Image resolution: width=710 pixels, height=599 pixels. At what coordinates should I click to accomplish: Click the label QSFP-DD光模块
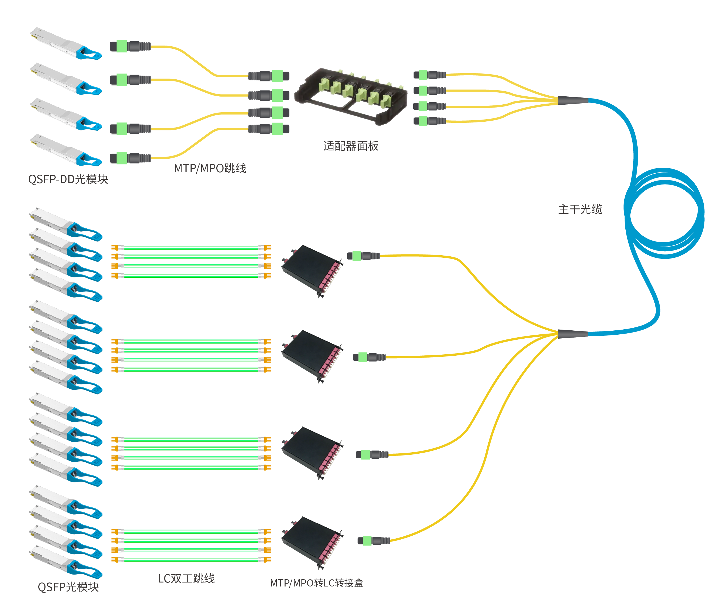[x=68, y=179]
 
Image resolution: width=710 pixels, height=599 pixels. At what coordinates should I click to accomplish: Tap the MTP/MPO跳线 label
[x=210, y=168]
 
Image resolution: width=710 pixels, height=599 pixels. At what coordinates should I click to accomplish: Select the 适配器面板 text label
[x=350, y=146]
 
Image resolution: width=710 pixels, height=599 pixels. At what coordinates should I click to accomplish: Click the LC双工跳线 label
[x=186, y=578]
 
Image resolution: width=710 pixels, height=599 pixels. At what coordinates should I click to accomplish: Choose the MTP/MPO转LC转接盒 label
[x=316, y=583]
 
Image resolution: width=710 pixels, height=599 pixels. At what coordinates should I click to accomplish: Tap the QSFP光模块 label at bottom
[x=68, y=587]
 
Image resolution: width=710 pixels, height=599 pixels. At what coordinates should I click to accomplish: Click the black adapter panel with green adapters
[x=351, y=95]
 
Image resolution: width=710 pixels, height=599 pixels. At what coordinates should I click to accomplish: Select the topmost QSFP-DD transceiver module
[x=65, y=44]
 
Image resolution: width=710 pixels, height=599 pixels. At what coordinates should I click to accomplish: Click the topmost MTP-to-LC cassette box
[x=312, y=271]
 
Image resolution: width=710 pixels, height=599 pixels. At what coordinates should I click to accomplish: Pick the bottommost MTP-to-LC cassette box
[x=312, y=542]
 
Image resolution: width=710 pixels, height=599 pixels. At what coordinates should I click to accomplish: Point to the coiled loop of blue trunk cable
[x=663, y=213]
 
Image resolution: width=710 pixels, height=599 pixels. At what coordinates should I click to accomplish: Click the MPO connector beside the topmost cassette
[x=363, y=256]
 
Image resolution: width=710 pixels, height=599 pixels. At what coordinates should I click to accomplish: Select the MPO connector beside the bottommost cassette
[x=373, y=541]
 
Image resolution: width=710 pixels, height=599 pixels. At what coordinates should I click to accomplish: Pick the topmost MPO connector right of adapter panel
[x=430, y=75]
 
